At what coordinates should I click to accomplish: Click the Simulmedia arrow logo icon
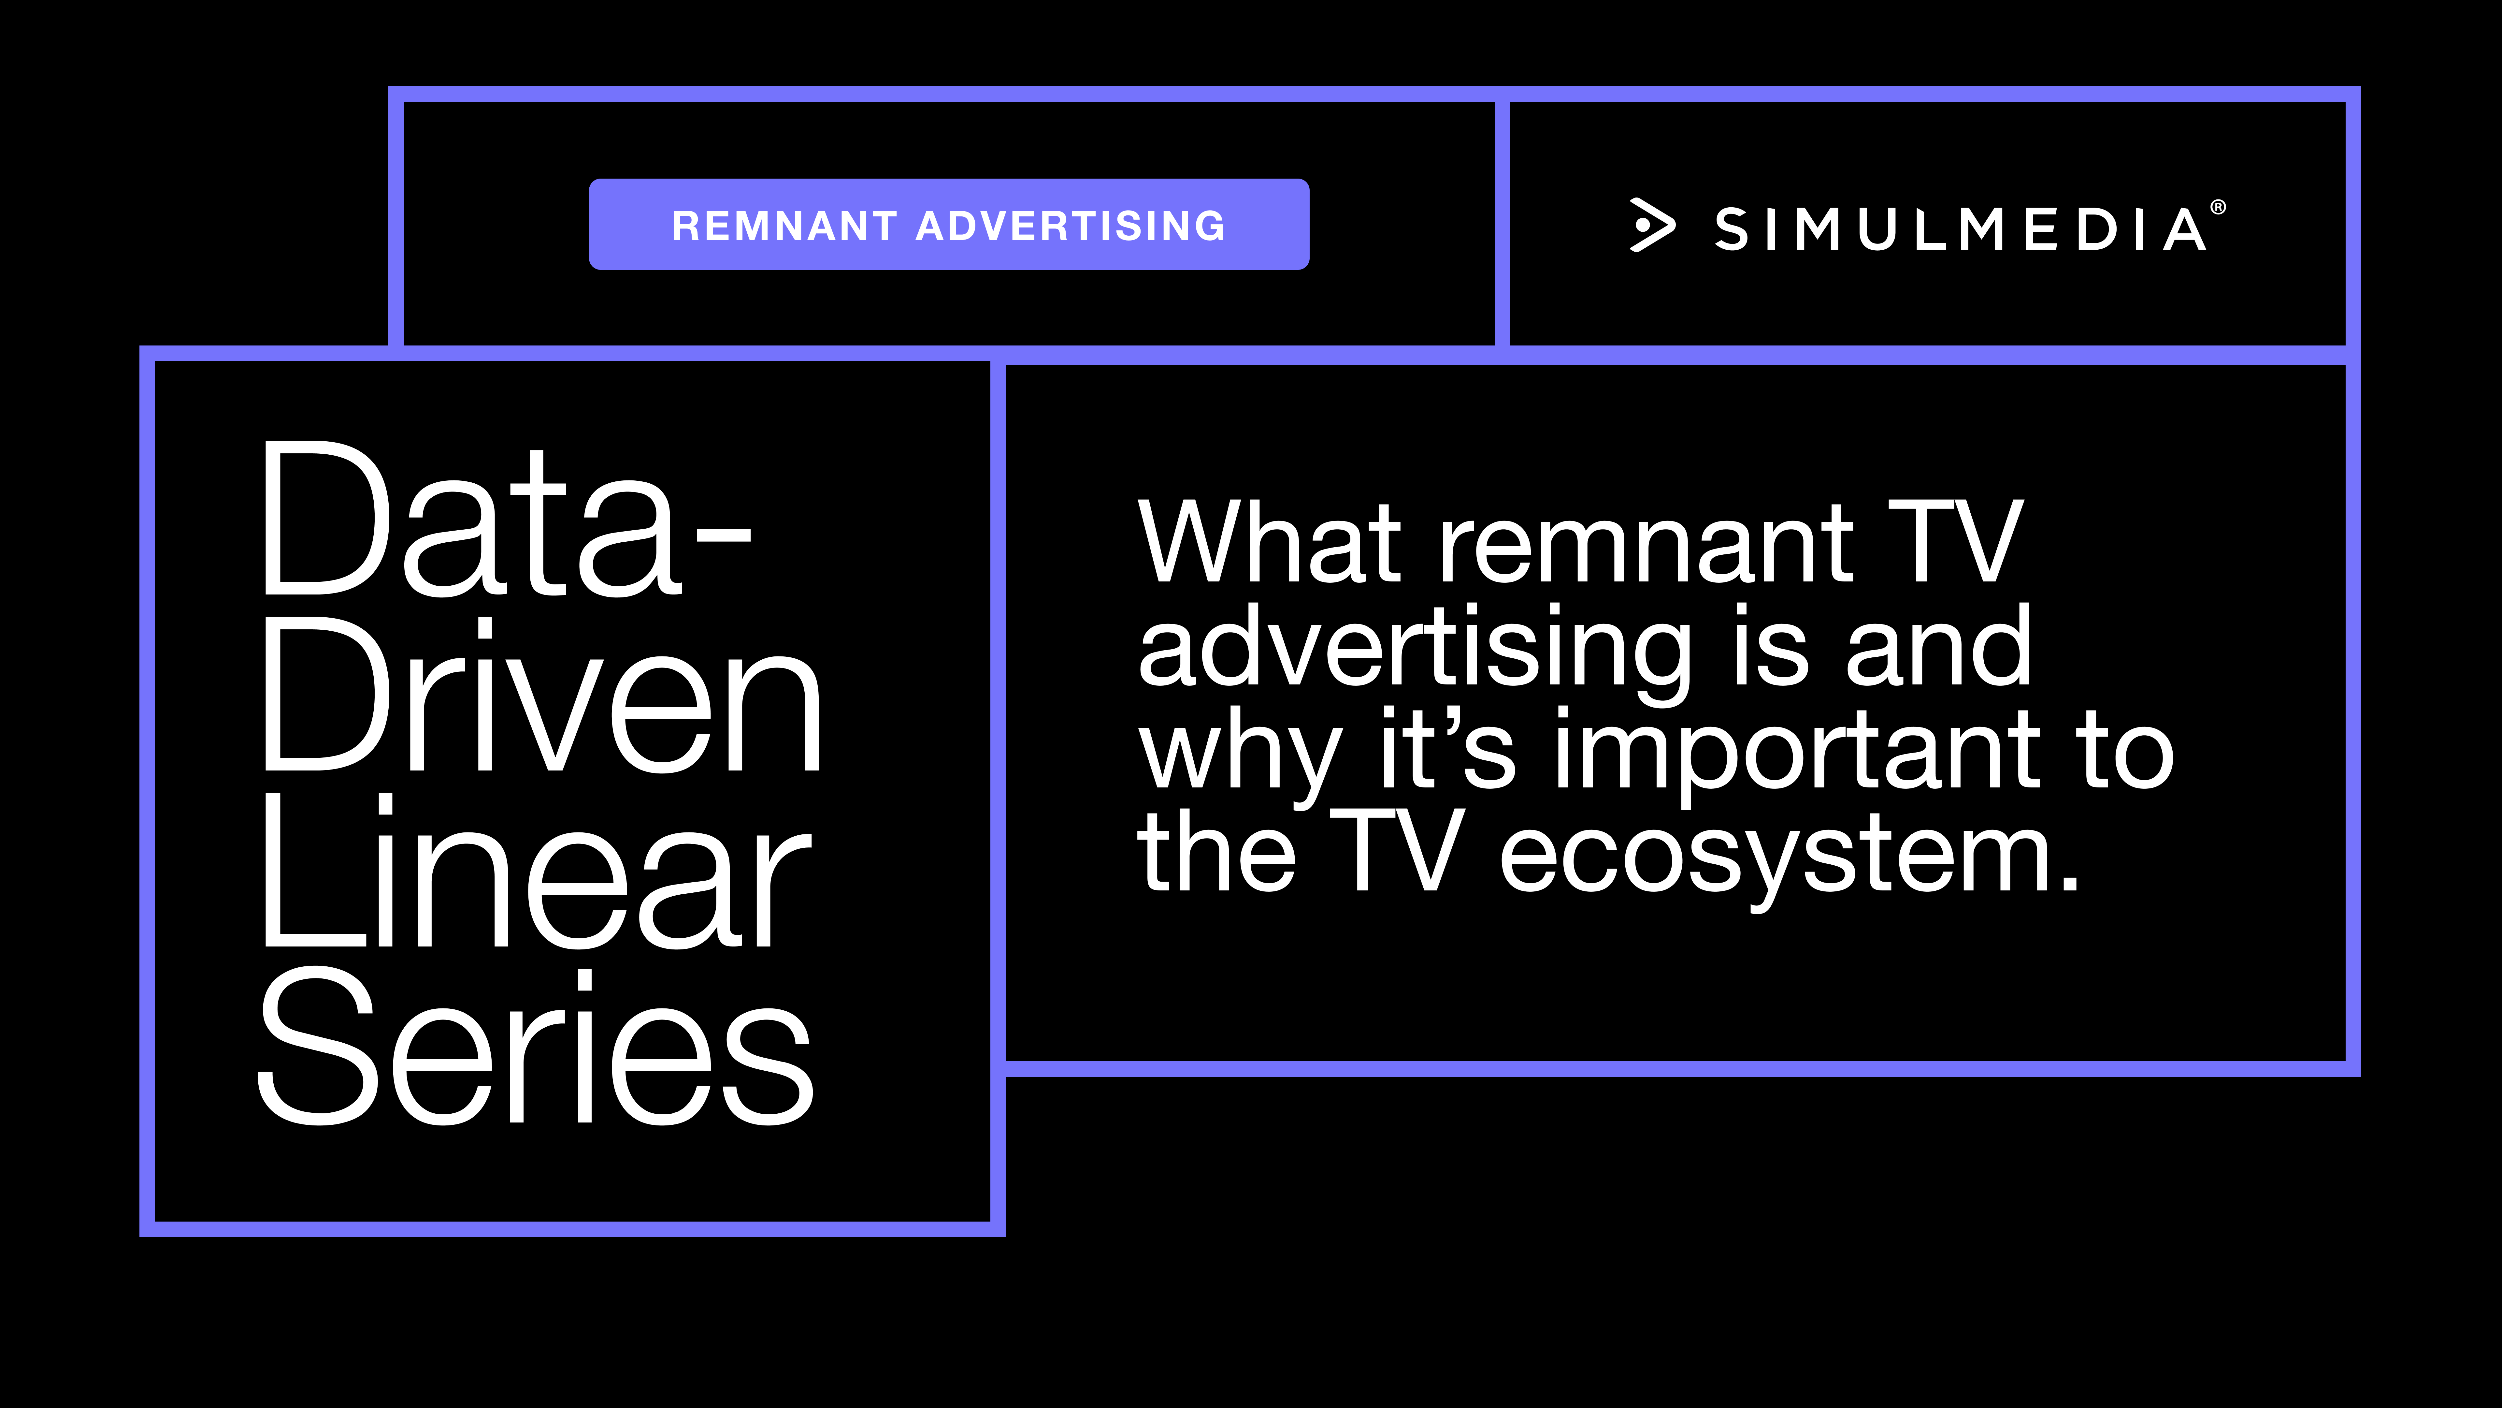1651,226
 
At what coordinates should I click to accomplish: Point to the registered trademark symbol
2217,207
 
